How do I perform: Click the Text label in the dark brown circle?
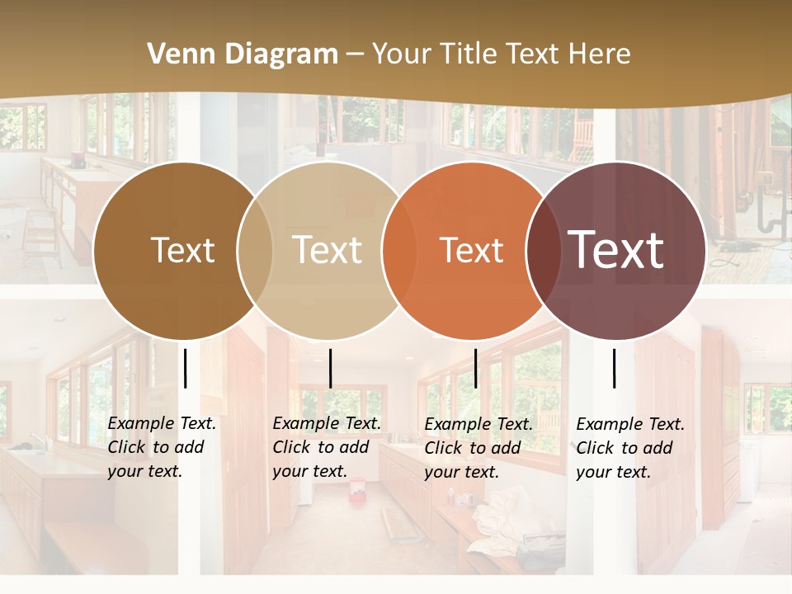tap(182, 250)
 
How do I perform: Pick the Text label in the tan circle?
tap(328, 250)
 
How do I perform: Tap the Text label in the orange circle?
tap(471, 250)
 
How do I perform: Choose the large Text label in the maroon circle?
tap(615, 249)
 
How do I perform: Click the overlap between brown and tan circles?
tap(255, 250)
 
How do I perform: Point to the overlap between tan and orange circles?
tap(399, 250)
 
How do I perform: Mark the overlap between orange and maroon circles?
tap(543, 250)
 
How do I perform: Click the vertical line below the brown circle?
tap(186, 368)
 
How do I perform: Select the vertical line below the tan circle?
tap(330, 368)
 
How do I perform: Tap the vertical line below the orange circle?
tap(475, 368)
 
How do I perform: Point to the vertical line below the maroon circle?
tap(615, 368)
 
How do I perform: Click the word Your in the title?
tap(400, 54)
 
